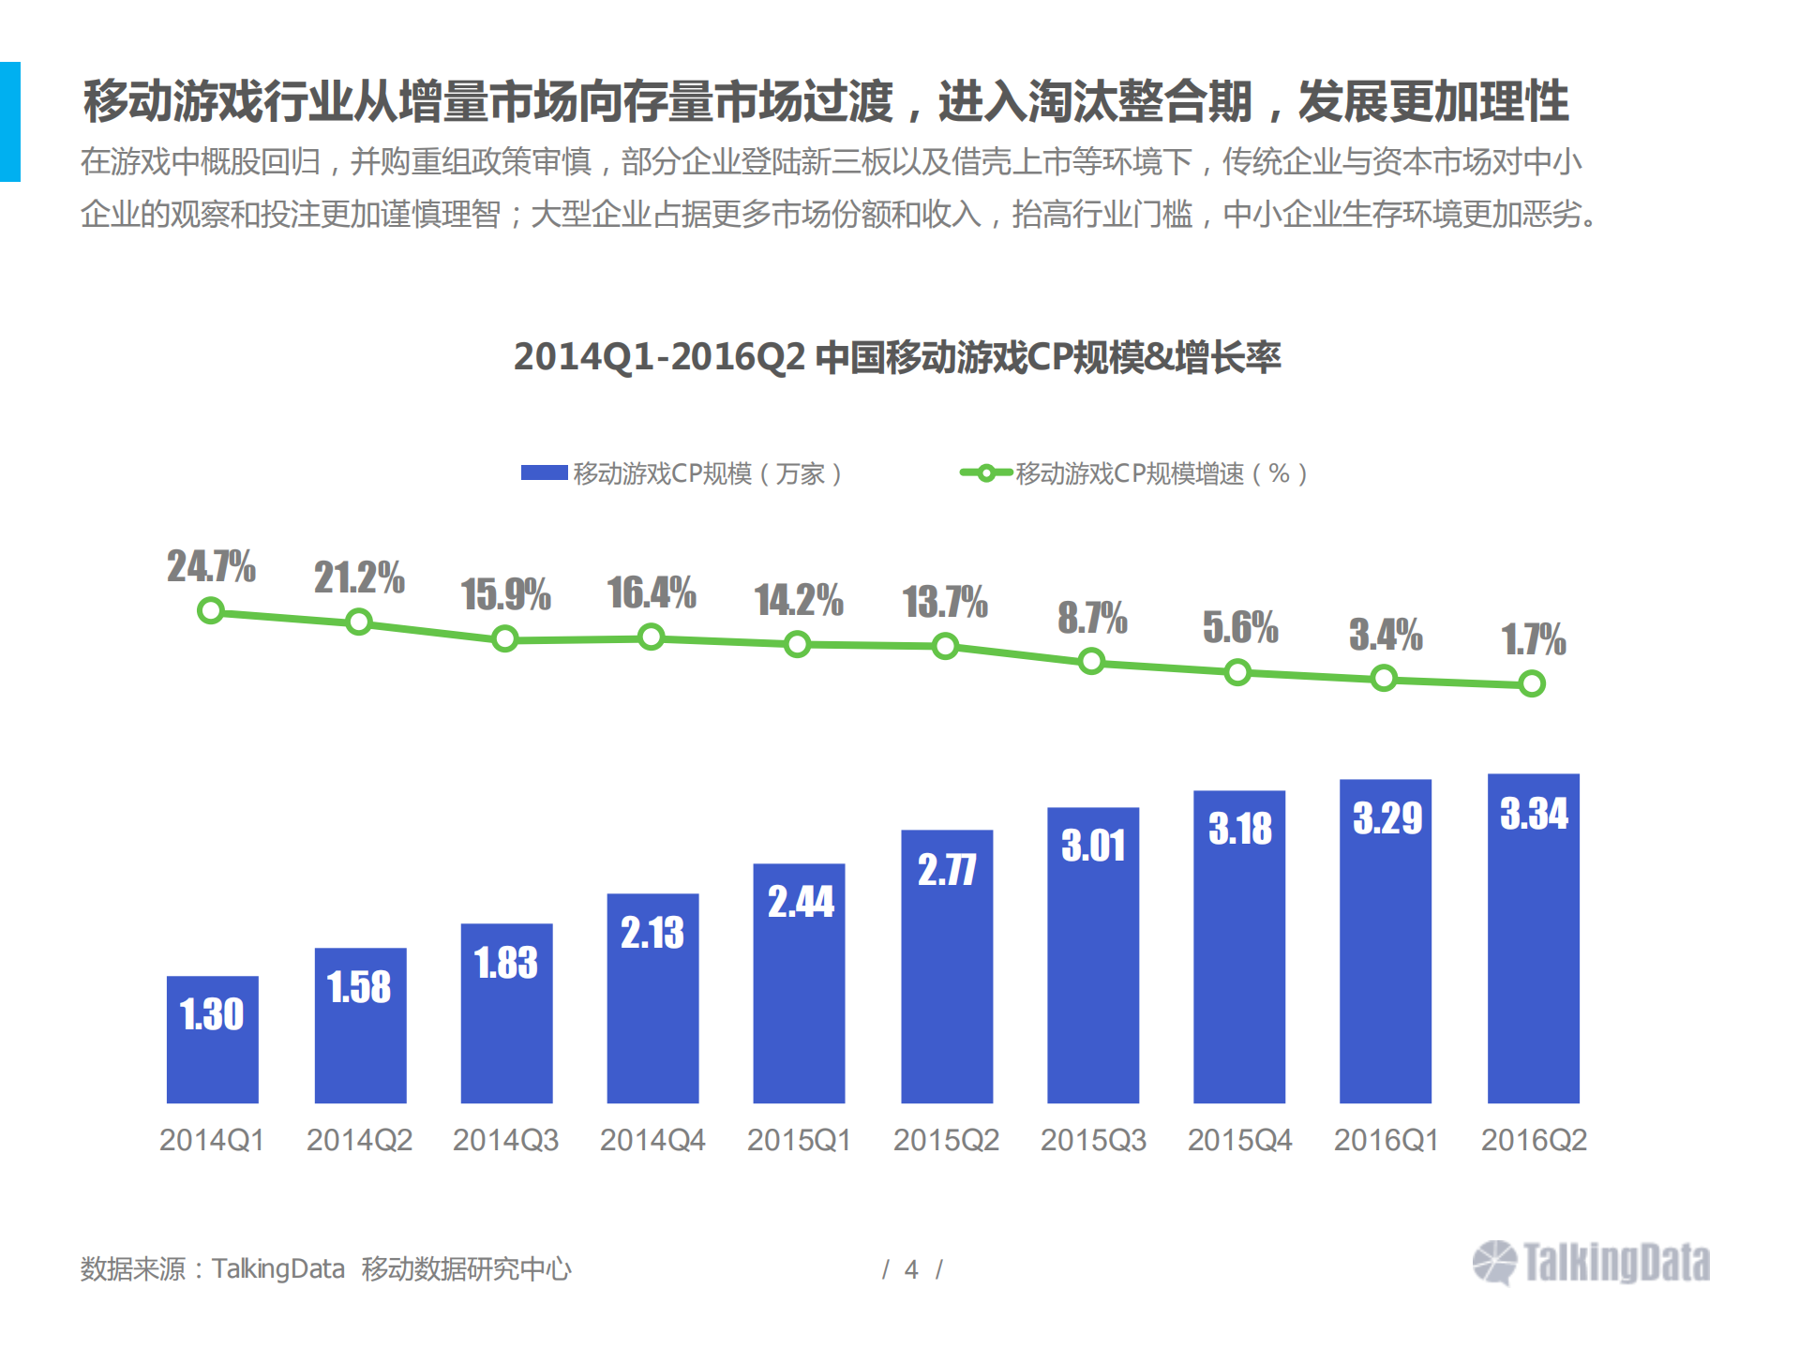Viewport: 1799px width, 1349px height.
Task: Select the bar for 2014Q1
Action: pyautogui.click(x=212, y=1041)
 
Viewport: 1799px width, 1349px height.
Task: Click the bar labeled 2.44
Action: pyautogui.click(x=799, y=984)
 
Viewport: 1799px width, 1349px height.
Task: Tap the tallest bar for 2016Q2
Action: pyautogui.click(x=1533, y=937)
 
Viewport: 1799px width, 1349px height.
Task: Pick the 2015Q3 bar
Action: pyautogui.click(x=1092, y=956)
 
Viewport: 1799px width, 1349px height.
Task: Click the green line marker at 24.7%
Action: pyautogui.click(x=211, y=611)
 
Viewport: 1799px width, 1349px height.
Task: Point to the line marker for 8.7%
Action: pyautogui.click(x=1091, y=662)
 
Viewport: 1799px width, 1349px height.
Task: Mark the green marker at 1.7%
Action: pyautogui.click(x=1532, y=683)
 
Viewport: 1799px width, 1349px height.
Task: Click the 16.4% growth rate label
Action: pyautogui.click(x=651, y=592)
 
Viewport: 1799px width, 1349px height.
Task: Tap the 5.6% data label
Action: pyautogui.click(x=1239, y=627)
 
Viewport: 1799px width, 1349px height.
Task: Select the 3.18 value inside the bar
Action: pyautogui.click(x=1239, y=829)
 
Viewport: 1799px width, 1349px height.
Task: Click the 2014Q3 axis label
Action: pyautogui.click(x=505, y=1140)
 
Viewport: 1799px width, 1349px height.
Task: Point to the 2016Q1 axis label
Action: pyautogui.click(x=1386, y=1140)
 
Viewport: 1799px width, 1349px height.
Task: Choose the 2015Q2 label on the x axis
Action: pyautogui.click(x=946, y=1140)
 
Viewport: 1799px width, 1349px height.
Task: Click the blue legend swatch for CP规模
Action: pyautogui.click(x=544, y=473)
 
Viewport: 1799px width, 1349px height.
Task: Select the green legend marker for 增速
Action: pyautogui.click(x=985, y=473)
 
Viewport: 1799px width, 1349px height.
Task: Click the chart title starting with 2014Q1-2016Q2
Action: pyautogui.click(x=896, y=357)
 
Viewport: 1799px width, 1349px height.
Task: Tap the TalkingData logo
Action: pyautogui.click(x=1591, y=1263)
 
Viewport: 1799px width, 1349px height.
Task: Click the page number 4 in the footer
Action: pyautogui.click(x=911, y=1269)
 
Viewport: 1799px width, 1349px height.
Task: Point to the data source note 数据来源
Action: pyautogui.click(x=325, y=1268)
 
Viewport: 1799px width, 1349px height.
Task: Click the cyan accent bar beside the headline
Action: pyautogui.click(x=9, y=122)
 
